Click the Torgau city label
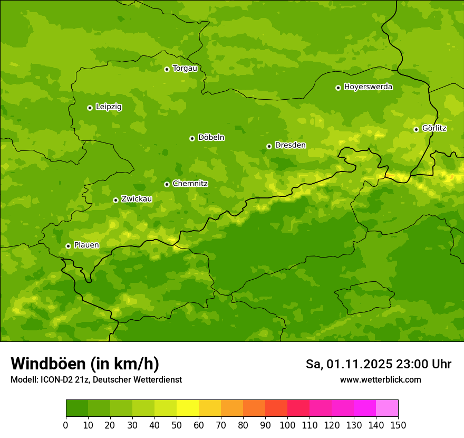point(185,68)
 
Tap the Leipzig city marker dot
point(90,108)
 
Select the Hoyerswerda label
point(368,87)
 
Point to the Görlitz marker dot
point(416,129)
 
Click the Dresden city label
point(290,145)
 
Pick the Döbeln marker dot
point(192,138)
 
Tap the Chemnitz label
point(190,184)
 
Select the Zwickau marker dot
point(115,200)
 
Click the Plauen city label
point(86,245)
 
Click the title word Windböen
point(48,364)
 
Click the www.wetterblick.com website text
point(380,379)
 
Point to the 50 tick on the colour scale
point(177,424)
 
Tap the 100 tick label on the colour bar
point(287,424)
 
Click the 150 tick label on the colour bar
point(398,424)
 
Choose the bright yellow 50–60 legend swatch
point(188,408)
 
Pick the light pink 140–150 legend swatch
point(387,408)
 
